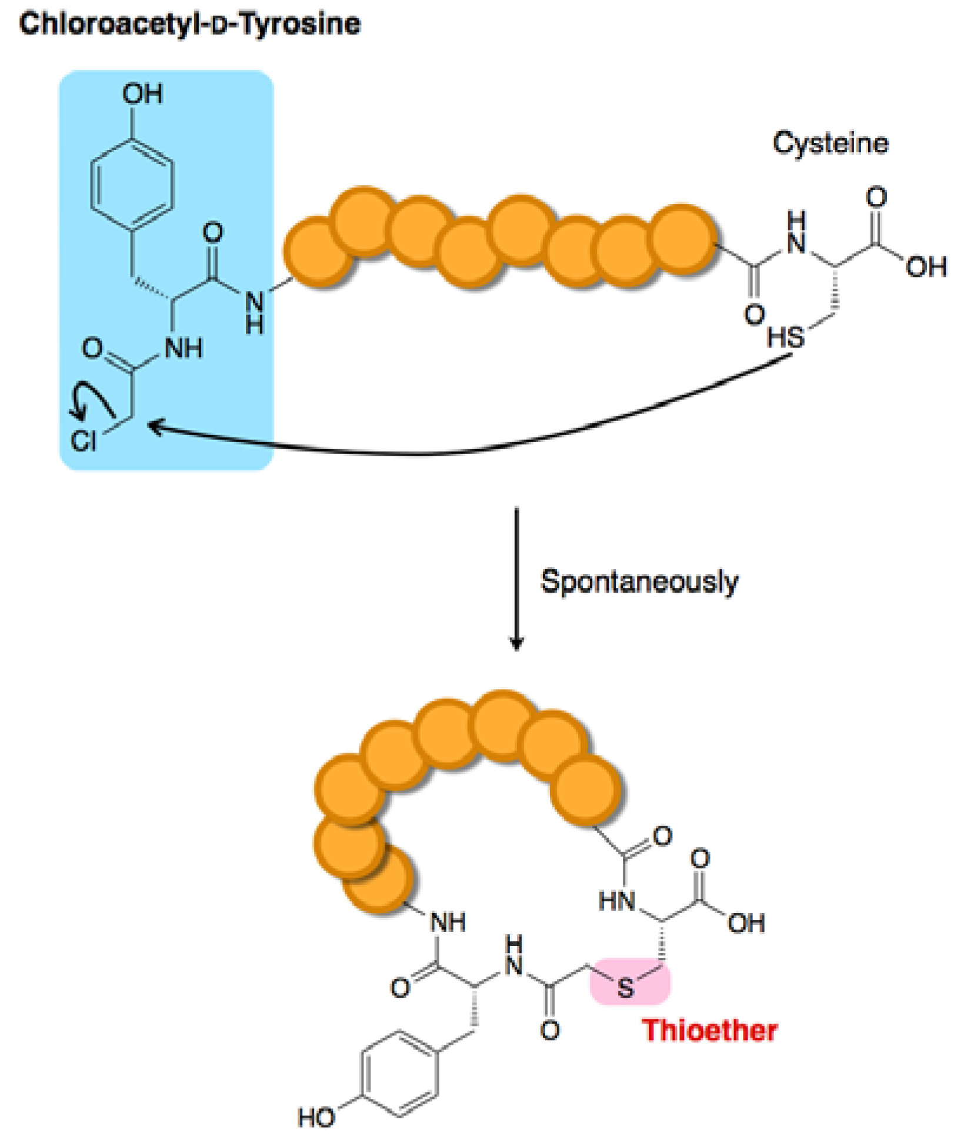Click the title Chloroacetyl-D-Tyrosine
tap(189, 25)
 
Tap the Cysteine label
tap(830, 143)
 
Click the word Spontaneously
tap(639, 582)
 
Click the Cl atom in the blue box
tap(83, 440)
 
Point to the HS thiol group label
tap(785, 338)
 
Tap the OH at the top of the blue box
tap(142, 94)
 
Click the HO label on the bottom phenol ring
tap(316, 1117)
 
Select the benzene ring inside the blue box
tap(132, 184)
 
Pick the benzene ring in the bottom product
tap(400, 1074)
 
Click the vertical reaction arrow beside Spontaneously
tap(516, 579)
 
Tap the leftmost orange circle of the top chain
tap(318, 252)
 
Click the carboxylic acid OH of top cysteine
tap(926, 268)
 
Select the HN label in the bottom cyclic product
tap(616, 901)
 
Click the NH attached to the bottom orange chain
tap(448, 922)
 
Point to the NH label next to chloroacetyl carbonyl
tap(184, 348)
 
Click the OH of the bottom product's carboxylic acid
tap(746, 923)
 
